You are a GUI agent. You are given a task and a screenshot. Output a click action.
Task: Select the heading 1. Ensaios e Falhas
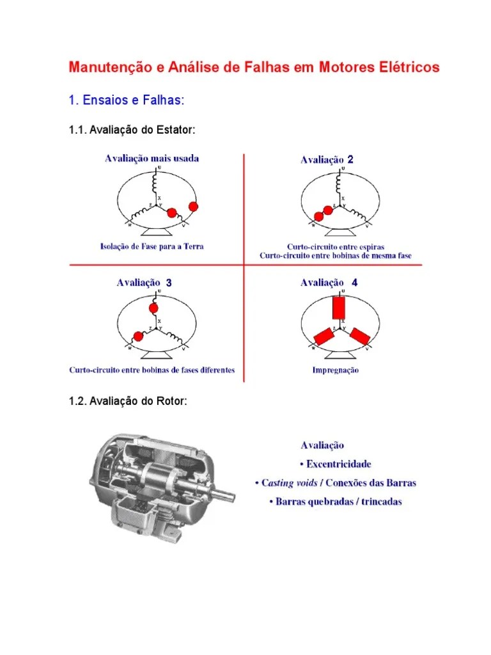point(126,100)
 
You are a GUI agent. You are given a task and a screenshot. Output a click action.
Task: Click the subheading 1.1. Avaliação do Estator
point(132,130)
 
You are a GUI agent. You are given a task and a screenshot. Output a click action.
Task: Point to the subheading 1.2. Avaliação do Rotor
point(128,402)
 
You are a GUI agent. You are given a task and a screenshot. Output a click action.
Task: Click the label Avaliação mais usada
point(152,159)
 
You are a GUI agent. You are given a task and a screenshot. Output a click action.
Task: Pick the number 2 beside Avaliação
point(350,160)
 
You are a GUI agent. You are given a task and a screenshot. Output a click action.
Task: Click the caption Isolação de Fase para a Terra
point(152,246)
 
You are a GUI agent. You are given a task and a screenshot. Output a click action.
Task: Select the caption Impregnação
point(335,370)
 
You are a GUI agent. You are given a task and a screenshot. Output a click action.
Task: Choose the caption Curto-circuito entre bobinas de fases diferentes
point(152,370)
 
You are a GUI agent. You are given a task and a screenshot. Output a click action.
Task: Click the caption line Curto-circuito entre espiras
point(335,246)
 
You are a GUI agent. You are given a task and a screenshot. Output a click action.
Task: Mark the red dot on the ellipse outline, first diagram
point(193,206)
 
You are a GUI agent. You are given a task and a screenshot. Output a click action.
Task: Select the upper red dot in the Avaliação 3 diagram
point(153,308)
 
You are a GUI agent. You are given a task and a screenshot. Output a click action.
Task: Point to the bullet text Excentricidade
point(339,464)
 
